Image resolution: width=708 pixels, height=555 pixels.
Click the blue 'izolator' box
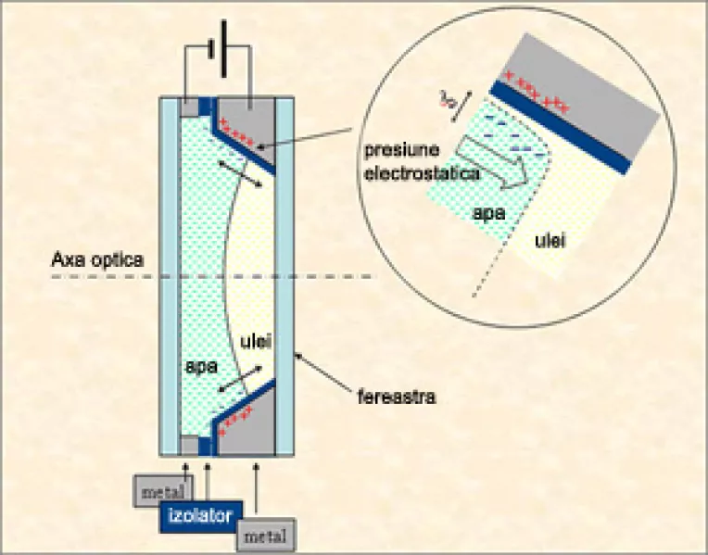click(200, 514)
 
